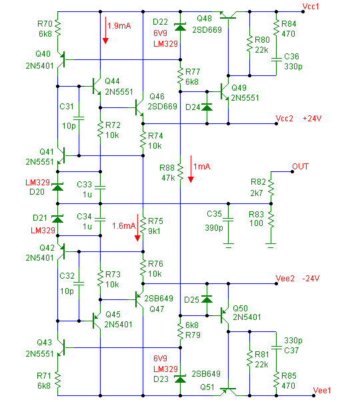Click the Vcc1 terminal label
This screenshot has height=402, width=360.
point(311,7)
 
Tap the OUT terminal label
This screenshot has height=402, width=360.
point(300,167)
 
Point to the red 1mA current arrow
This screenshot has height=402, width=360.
point(191,169)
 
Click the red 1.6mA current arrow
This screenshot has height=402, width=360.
point(137,227)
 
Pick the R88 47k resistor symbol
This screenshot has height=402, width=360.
point(180,172)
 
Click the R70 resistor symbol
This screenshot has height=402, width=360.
point(58,28)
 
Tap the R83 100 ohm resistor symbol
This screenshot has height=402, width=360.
point(271,220)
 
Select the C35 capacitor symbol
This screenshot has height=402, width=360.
point(228,220)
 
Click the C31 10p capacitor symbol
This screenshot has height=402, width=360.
point(79,118)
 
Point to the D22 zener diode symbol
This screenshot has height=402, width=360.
point(180,27)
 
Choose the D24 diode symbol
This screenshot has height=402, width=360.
point(207,107)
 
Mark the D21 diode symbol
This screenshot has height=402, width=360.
point(57,219)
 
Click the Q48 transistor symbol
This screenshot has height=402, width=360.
point(228,15)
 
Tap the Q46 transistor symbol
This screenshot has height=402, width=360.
point(139,108)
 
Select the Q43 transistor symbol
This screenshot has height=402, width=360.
point(61,347)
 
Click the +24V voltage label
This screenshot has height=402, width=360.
point(312,119)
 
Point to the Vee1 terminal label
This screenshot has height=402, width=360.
point(322,391)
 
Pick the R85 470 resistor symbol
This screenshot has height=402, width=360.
point(276,380)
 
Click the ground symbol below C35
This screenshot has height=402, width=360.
point(228,245)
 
